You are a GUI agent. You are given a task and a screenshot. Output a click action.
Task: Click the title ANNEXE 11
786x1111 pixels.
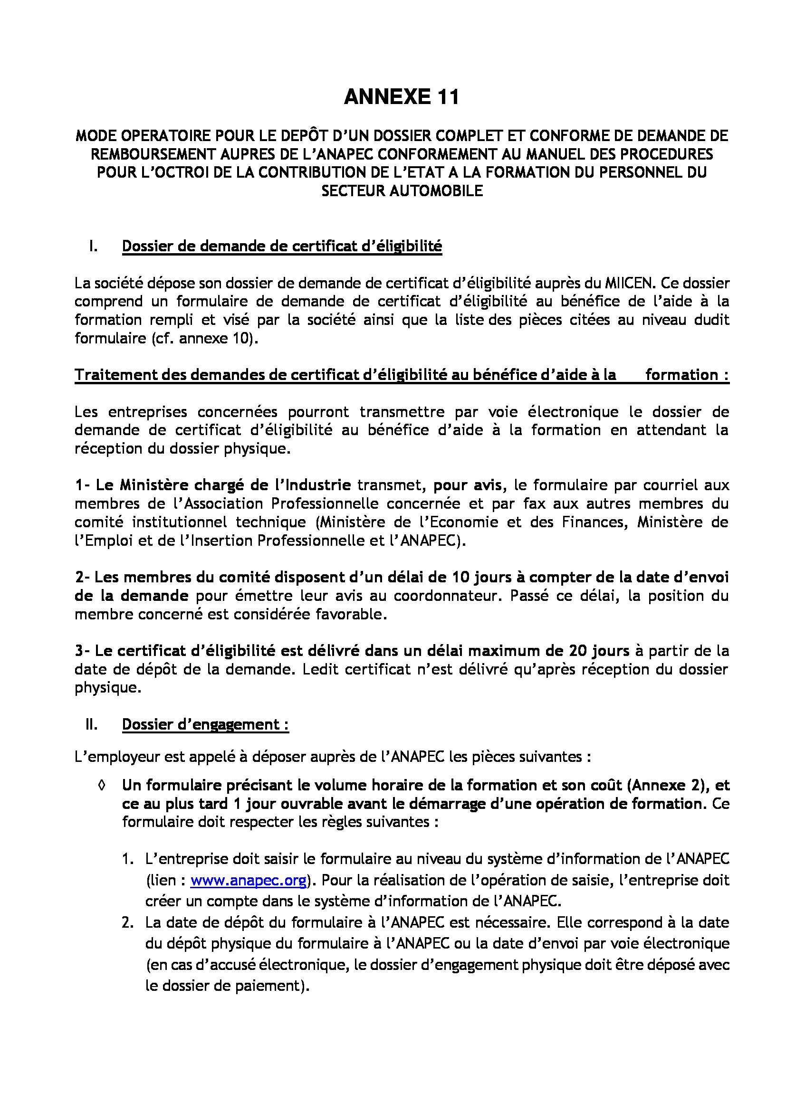coord(401,97)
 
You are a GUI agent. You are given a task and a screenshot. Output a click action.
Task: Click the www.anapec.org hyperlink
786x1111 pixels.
coord(248,880)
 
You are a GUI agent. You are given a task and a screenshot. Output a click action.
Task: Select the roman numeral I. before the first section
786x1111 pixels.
coord(94,247)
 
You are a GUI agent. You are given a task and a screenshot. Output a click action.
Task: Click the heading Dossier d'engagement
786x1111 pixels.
coord(205,724)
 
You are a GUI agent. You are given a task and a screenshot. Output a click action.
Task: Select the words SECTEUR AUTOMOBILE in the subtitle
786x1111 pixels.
coord(402,191)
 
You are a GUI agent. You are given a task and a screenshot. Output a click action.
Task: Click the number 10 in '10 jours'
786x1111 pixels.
coord(461,577)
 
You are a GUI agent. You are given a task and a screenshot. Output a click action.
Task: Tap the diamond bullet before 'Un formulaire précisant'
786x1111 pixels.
coord(101,786)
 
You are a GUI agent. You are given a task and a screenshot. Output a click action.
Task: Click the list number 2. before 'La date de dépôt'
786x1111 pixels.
coord(127,923)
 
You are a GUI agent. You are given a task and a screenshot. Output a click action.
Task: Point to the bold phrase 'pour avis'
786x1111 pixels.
coord(467,485)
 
